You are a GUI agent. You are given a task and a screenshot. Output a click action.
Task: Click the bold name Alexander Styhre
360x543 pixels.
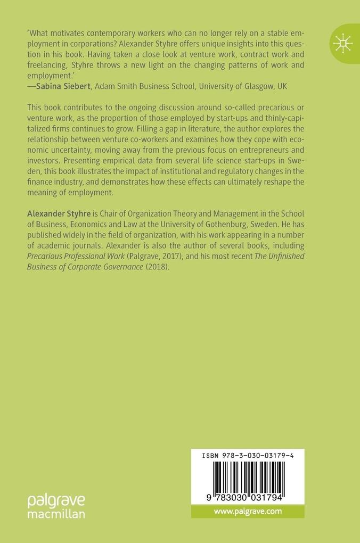[59, 213]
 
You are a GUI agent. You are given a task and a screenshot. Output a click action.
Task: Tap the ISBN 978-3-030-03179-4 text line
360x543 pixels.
[248, 456]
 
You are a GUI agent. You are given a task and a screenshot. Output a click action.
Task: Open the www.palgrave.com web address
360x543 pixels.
[248, 511]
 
